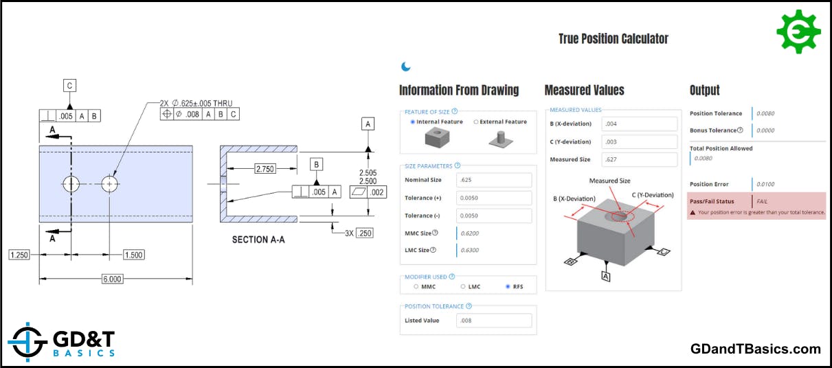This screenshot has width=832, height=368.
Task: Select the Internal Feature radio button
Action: click(x=412, y=122)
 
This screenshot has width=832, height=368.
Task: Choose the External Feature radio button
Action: click(x=475, y=122)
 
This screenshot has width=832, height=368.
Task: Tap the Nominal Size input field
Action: click(x=494, y=180)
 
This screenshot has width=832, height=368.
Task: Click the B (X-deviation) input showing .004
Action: click(x=639, y=124)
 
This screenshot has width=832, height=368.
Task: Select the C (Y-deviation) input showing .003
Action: click(x=639, y=142)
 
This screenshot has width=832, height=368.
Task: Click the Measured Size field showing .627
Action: click(x=639, y=160)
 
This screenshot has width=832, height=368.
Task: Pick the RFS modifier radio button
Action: click(x=508, y=286)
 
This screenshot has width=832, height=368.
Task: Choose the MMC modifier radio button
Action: click(x=415, y=286)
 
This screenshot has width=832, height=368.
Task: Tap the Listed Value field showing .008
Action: click(x=494, y=321)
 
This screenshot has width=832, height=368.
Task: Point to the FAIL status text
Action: click(x=762, y=202)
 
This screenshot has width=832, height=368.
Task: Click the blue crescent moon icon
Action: click(x=406, y=67)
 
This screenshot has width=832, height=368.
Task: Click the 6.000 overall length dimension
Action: click(x=112, y=279)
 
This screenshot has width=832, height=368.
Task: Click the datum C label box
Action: click(x=69, y=86)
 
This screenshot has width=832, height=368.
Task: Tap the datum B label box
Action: click(x=316, y=165)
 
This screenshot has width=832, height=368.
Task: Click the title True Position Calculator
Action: click(x=613, y=39)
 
